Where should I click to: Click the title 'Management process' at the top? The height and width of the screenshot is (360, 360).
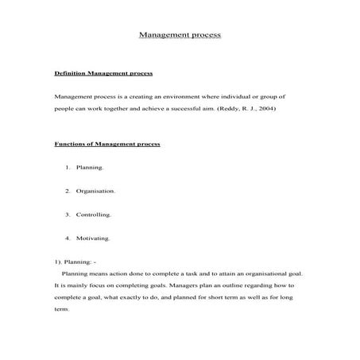click(x=180, y=36)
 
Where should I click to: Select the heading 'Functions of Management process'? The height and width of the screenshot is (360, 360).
click(x=106, y=144)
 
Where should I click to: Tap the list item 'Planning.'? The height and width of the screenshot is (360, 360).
click(x=90, y=168)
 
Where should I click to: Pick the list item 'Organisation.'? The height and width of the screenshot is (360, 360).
click(x=96, y=192)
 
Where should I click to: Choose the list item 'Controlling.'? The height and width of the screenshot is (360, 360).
click(x=94, y=215)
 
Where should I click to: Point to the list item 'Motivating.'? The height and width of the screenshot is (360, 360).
click(x=93, y=238)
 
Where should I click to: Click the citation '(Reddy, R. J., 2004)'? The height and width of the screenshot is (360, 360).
click(x=248, y=108)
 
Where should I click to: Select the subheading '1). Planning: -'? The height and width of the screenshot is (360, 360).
click(x=74, y=261)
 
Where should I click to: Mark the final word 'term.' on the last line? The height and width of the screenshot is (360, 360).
click(x=62, y=309)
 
